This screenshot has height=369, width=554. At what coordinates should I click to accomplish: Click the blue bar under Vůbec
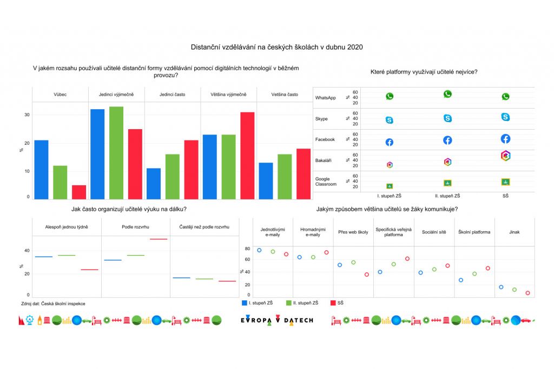click(x=41, y=170)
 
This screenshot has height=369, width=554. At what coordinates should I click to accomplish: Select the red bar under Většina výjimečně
click(x=247, y=156)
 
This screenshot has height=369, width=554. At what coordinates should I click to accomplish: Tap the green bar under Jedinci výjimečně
click(x=116, y=153)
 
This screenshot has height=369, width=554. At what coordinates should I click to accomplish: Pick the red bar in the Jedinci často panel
click(x=191, y=170)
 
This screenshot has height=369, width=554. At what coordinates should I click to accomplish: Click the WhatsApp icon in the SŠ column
click(x=505, y=97)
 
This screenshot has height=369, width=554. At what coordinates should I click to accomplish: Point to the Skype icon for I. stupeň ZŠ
click(x=389, y=120)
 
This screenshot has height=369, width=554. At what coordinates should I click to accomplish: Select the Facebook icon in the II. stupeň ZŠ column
click(x=447, y=140)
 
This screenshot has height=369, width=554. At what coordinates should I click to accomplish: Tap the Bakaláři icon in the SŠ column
click(x=505, y=156)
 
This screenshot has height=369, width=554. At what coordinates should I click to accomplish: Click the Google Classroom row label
click(x=326, y=182)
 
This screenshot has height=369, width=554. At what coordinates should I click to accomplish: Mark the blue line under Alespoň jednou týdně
click(x=44, y=257)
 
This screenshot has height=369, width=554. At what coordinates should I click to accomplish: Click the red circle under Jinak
click(x=527, y=293)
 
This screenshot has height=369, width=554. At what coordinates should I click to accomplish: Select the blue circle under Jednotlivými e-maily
click(x=259, y=251)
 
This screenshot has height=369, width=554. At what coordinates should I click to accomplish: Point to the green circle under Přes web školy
click(x=353, y=263)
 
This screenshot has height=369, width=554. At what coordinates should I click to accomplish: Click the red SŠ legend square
click(x=333, y=303)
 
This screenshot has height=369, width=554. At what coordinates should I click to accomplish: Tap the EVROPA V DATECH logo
click(x=276, y=320)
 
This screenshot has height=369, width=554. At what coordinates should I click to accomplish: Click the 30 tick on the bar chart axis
click(x=27, y=115)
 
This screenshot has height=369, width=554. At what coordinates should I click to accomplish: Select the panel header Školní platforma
click(x=474, y=232)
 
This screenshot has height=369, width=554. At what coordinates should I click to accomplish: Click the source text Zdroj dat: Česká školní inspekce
click(x=57, y=304)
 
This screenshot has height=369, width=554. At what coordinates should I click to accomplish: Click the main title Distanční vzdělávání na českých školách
click(x=276, y=47)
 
